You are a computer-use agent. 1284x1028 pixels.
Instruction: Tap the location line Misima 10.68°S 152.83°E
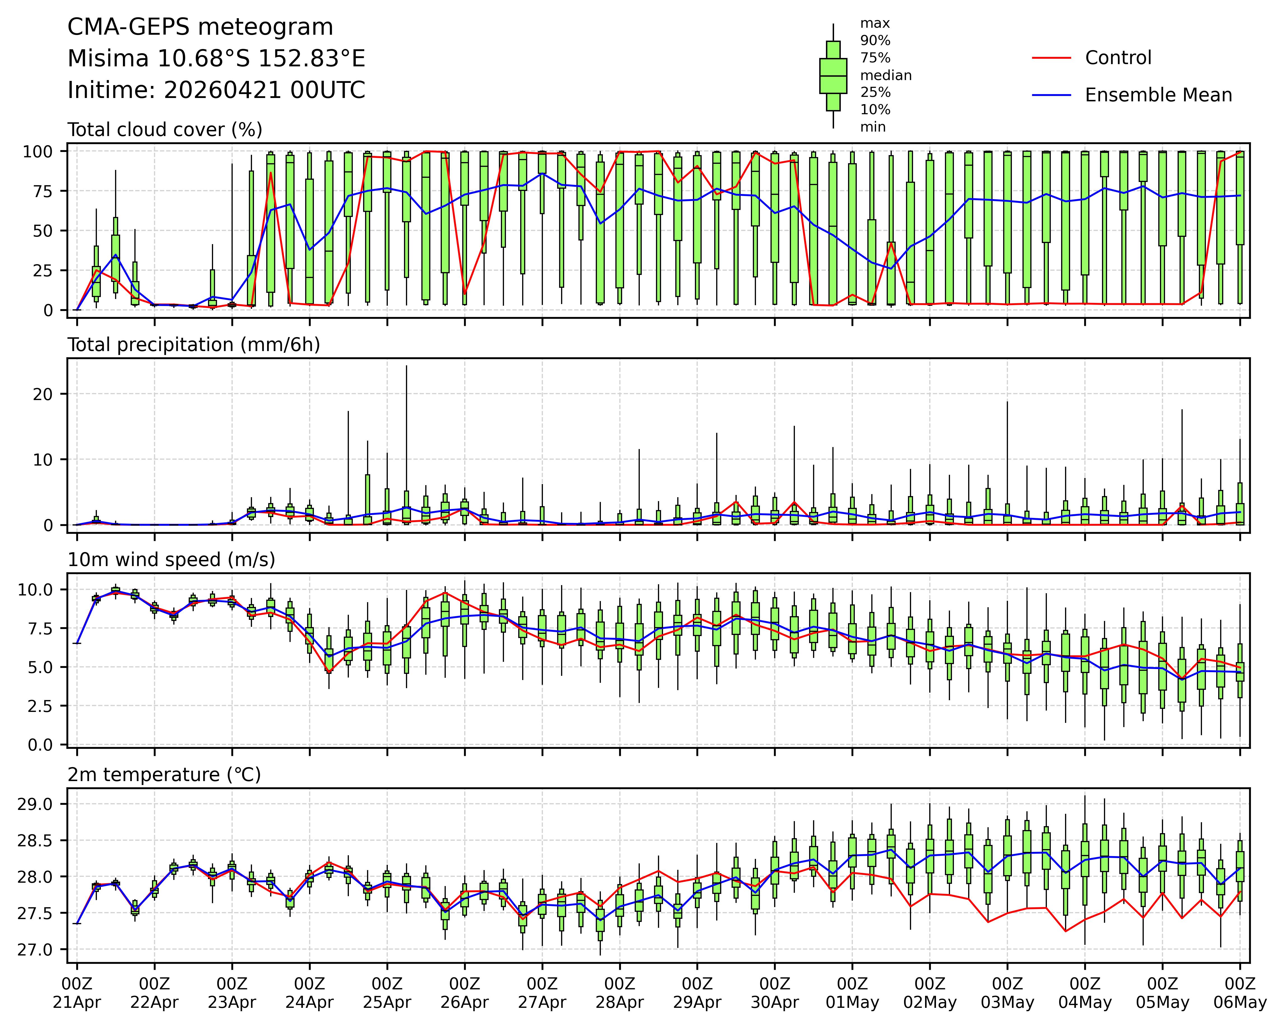pos(216,59)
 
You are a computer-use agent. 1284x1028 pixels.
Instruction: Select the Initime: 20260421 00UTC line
pos(216,90)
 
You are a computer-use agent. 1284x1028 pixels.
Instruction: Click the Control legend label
pos(1118,58)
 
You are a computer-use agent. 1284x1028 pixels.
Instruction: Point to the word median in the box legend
pos(886,76)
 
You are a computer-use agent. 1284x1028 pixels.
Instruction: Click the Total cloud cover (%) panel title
pos(165,130)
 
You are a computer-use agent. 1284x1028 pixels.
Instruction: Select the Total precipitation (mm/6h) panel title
pos(193,345)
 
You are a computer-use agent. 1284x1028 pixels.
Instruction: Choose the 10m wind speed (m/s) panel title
pos(172,560)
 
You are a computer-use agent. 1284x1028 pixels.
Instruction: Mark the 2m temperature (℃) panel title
pos(164,775)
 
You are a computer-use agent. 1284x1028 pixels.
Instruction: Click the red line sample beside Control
pos(1051,58)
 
